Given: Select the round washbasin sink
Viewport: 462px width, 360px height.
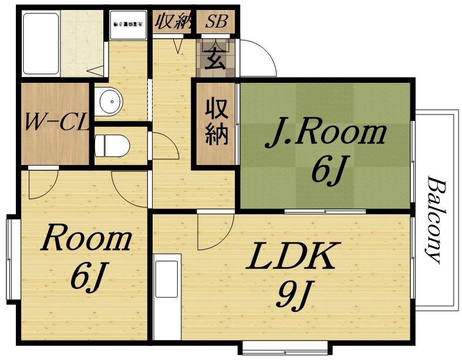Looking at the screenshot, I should (x=109, y=104).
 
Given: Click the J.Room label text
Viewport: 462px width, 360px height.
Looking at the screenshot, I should (x=326, y=134).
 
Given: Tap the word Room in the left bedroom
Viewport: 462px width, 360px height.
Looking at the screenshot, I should (x=86, y=240).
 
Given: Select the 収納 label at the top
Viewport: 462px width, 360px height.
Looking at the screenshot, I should (x=173, y=22).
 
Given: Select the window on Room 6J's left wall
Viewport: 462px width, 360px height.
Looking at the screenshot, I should (x=10, y=259).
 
